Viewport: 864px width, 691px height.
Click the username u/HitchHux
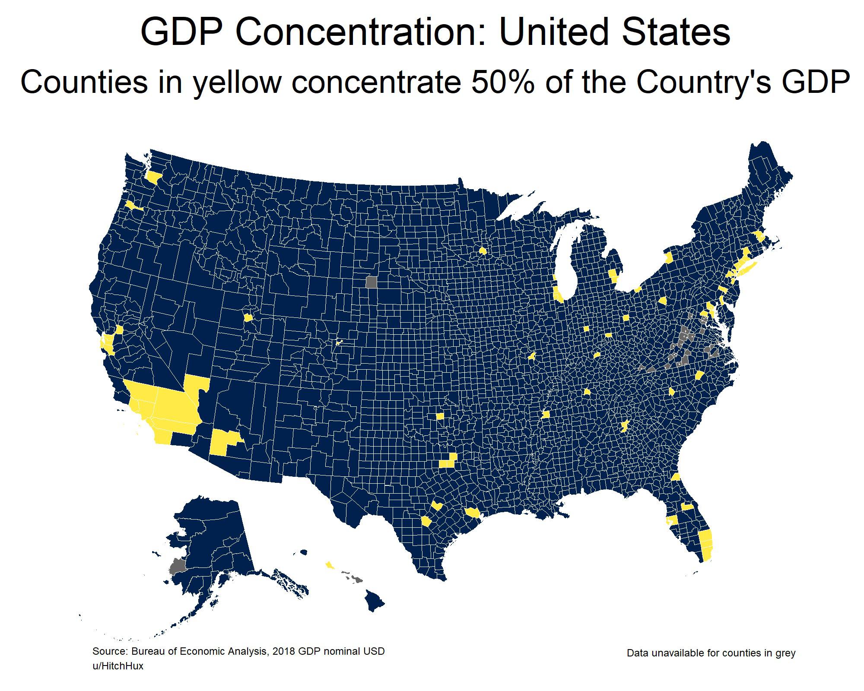118,666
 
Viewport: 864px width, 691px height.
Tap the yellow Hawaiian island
330,565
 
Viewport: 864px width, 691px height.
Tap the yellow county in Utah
248,317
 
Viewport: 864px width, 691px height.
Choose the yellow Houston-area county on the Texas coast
473,513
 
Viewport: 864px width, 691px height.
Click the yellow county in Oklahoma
440,416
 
